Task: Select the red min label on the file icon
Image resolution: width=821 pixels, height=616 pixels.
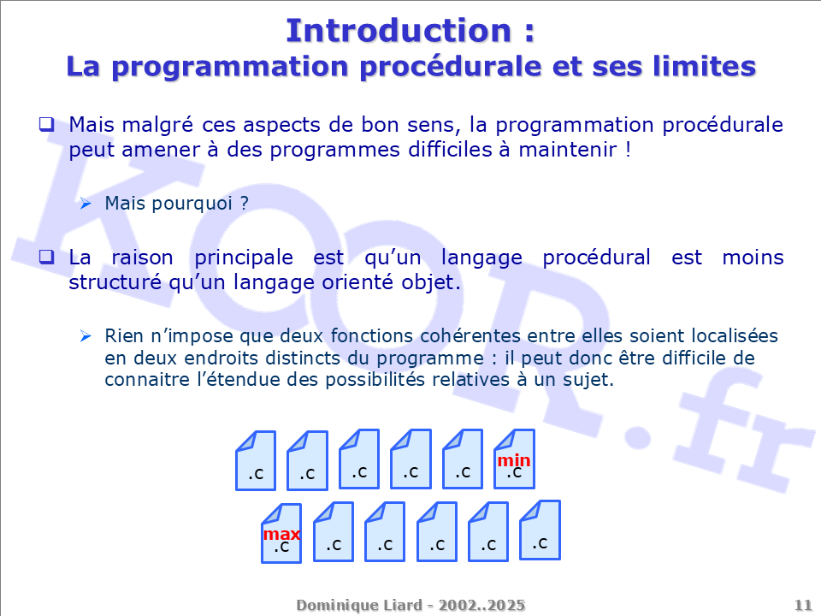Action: (514, 460)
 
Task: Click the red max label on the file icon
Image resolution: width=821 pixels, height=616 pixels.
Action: (281, 534)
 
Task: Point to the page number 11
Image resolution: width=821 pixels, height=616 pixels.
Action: (803, 605)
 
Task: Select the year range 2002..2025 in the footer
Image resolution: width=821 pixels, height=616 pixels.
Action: (481, 605)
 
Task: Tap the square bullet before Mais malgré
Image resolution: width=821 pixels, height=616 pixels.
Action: (46, 124)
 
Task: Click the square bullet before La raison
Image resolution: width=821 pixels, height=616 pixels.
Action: (46, 257)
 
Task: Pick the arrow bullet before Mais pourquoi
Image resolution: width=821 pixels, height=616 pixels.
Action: (86, 204)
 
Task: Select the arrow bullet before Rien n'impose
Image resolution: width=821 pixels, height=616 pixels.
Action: (86, 335)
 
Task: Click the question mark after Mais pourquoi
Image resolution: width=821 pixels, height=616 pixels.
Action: (245, 203)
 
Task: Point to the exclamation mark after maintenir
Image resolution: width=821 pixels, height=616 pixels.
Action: (628, 149)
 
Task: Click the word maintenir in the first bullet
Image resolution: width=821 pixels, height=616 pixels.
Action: (568, 149)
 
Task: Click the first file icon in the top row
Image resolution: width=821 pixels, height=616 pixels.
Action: (256, 461)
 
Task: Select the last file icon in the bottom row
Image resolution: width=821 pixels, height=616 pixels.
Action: (540, 530)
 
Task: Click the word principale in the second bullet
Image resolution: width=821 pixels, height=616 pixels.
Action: (244, 258)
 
